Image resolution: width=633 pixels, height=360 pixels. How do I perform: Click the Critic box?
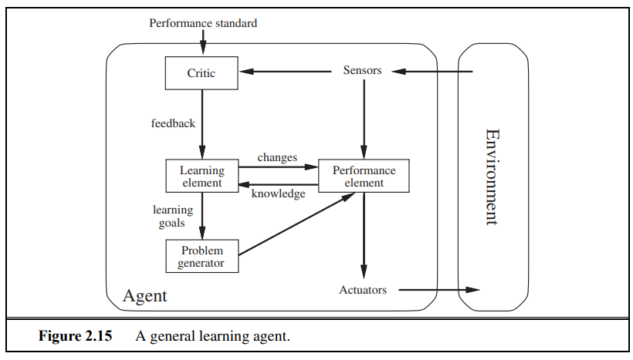click(201, 73)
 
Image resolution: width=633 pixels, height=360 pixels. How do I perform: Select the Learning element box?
click(201, 177)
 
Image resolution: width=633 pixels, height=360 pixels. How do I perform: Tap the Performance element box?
click(364, 177)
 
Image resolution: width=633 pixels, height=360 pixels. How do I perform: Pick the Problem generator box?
click(201, 256)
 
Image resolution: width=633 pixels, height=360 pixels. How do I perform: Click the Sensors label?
click(362, 71)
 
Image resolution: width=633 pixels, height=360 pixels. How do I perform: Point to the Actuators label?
click(362, 291)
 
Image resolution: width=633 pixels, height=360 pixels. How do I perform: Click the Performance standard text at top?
click(203, 23)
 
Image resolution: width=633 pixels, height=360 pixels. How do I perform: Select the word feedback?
click(173, 123)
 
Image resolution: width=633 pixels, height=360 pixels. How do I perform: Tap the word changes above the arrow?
click(277, 157)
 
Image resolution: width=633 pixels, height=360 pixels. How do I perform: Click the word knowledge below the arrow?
click(278, 193)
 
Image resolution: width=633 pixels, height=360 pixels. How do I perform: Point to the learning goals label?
click(172, 217)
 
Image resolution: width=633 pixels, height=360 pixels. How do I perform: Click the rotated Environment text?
click(491, 177)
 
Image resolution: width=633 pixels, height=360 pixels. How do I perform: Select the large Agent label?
click(144, 296)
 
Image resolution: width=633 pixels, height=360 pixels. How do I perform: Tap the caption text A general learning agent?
click(213, 337)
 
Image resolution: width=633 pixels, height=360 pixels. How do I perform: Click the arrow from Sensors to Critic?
click(286, 72)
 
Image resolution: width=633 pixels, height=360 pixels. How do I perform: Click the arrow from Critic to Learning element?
click(201, 123)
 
